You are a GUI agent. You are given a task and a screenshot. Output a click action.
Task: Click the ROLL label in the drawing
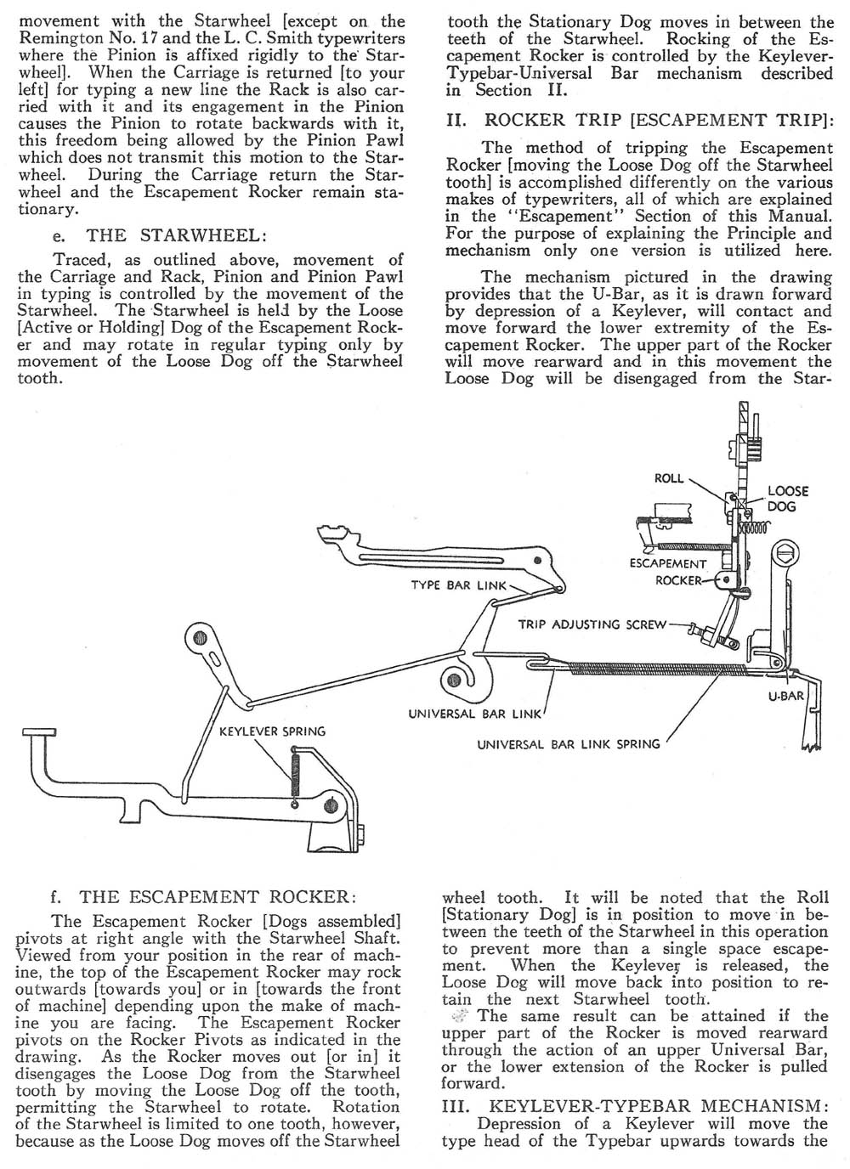tap(669, 478)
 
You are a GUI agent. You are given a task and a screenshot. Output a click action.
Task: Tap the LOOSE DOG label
tap(788, 499)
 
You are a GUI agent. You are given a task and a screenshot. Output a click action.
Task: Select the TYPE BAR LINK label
tap(458, 585)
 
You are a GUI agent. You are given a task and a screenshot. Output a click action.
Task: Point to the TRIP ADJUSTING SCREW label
tap(592, 624)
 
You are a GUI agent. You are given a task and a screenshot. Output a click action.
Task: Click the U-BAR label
tap(785, 696)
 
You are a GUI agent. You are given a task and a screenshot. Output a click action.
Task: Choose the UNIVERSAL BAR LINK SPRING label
tap(568, 744)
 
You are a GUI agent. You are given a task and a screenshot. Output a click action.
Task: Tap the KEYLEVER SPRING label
tap(272, 731)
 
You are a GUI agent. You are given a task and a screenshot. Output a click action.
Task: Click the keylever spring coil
tap(295, 770)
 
